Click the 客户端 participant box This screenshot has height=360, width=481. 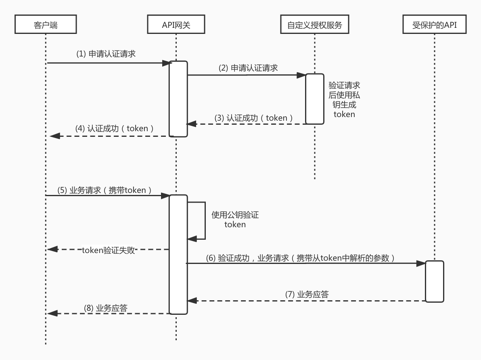tap(46, 25)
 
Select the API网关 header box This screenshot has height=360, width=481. tap(176, 25)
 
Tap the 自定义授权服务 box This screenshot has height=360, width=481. tap(314, 25)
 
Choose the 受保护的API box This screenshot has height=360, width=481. tap(435, 25)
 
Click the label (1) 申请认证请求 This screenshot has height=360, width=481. tap(106, 54)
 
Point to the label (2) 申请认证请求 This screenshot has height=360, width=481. tap(248, 68)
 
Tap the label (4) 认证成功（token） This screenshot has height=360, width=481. tap(115, 129)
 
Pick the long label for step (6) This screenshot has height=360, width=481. tap(300, 258)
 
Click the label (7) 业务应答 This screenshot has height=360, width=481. tap(307, 294)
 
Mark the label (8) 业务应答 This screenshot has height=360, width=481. tap(106, 308)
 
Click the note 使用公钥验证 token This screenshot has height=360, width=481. tap(235, 220)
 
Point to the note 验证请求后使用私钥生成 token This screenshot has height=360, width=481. tap(344, 100)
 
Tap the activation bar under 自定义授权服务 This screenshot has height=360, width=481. tap(314, 99)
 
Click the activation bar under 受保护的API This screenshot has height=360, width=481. tap(435, 281)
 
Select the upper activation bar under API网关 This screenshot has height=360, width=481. tap(178, 98)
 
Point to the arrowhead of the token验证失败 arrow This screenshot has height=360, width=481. tap(52, 249)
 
